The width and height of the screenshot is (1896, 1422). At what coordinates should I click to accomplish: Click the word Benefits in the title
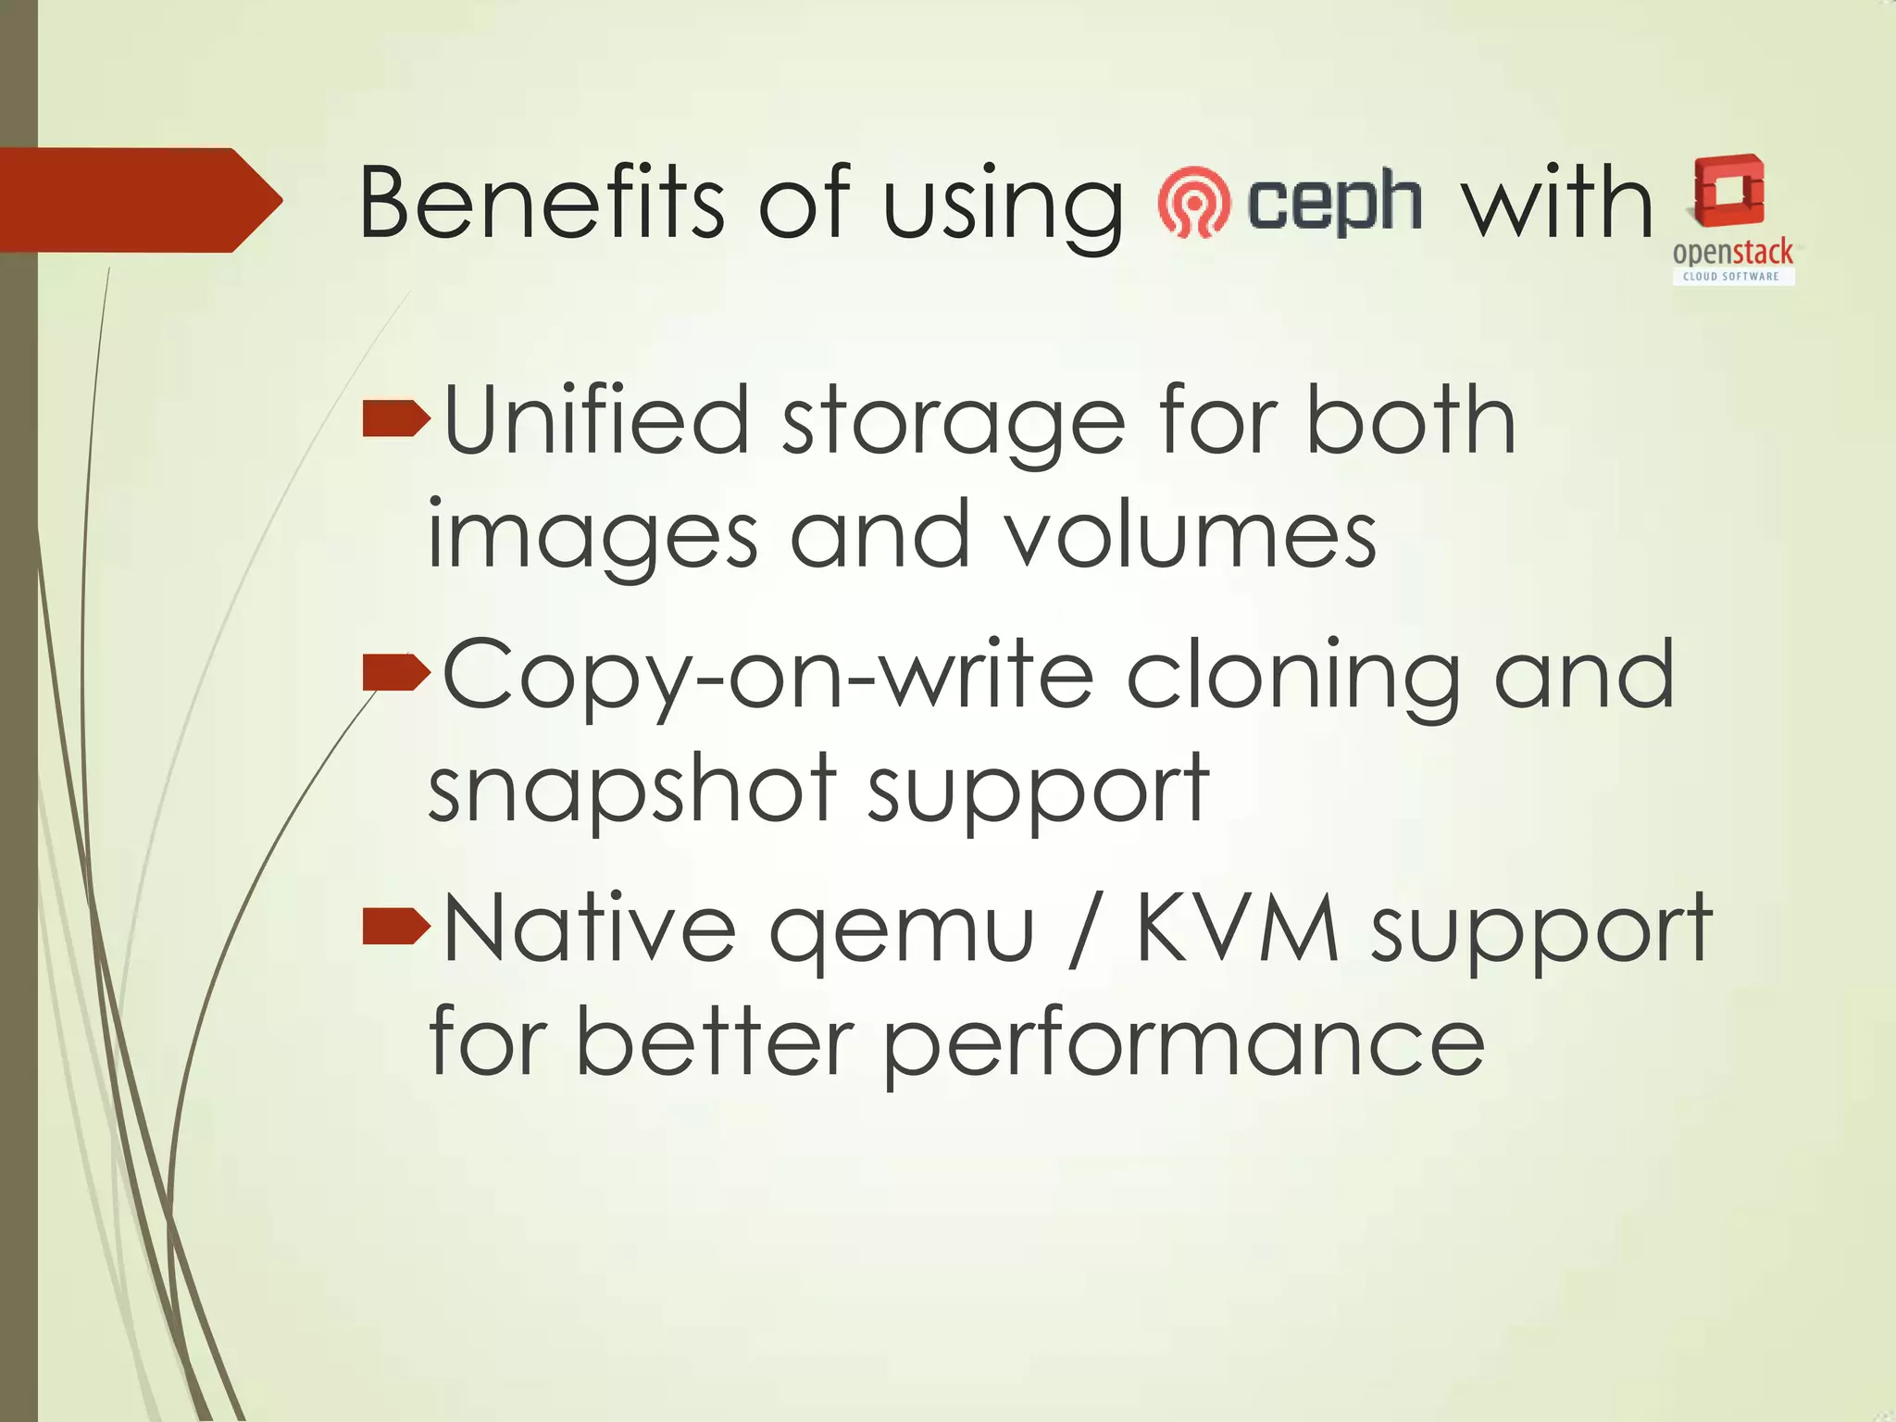[x=541, y=202]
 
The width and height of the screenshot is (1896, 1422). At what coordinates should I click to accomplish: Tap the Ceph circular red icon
[x=1194, y=202]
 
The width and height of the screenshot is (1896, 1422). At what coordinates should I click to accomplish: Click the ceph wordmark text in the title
[x=1334, y=202]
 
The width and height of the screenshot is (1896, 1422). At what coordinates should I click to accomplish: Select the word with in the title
[x=1557, y=202]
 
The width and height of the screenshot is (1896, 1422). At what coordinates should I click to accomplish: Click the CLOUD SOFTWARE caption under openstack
[x=1731, y=276]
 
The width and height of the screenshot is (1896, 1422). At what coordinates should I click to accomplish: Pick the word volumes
[x=1191, y=535]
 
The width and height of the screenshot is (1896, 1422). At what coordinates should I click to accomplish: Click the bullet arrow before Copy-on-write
[x=396, y=672]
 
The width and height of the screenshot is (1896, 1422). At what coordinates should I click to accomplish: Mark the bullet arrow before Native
[x=396, y=926]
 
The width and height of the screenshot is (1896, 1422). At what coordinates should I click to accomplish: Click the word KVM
[x=1237, y=929]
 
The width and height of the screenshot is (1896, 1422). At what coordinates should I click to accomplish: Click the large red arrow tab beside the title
[x=139, y=200]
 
